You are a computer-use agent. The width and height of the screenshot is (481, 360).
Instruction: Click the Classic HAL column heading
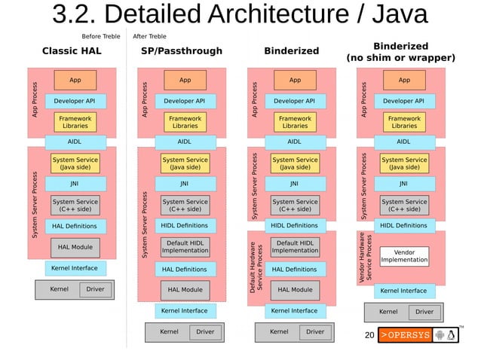coord(72,51)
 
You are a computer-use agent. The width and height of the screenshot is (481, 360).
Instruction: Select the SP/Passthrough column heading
coord(182,51)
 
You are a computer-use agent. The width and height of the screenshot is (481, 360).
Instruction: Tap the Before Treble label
coord(101,35)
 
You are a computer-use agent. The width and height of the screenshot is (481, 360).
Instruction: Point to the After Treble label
coord(149,35)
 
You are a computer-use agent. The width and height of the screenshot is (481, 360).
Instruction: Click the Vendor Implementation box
coord(404,256)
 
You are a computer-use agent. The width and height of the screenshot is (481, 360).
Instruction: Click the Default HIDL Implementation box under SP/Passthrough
coord(185,247)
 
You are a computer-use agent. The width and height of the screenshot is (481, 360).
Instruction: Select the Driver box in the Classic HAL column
coord(95,289)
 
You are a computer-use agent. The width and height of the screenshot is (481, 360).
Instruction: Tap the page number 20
coord(369,334)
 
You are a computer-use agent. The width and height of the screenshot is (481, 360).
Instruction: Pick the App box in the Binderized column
coord(295,80)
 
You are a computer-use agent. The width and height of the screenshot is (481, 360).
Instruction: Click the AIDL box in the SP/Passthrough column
coord(184,141)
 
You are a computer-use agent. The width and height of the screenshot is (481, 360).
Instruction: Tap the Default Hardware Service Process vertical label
coord(256,268)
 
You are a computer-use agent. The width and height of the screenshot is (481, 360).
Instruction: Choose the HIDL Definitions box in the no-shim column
coord(403,225)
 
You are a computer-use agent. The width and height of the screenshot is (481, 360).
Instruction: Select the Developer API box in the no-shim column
coord(403,101)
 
